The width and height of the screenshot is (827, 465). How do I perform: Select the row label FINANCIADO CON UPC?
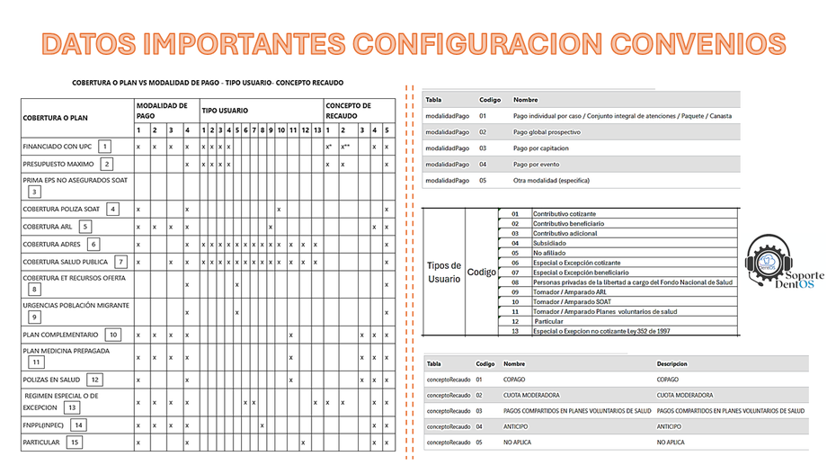click(58, 146)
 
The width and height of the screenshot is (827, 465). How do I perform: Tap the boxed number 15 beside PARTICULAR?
click(75, 443)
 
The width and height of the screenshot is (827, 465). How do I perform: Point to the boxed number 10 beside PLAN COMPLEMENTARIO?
click(112, 335)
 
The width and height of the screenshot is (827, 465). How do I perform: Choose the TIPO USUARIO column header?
click(225, 111)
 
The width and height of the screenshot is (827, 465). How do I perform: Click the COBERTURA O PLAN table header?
click(55, 117)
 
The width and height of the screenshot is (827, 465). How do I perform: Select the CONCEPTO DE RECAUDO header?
click(348, 111)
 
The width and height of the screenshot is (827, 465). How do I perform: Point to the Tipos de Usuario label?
click(443, 272)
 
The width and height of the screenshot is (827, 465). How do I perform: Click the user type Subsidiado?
click(550, 243)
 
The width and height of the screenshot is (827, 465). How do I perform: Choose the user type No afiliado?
click(547, 253)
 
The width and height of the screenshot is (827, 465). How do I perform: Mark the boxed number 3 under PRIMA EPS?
click(34, 191)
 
